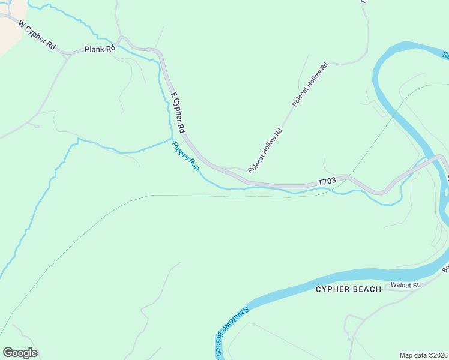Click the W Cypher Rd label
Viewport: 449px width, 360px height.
(37, 37)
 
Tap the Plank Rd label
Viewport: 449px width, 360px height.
(100, 49)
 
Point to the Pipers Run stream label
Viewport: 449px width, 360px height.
(185, 155)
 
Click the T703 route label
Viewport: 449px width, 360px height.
(326, 181)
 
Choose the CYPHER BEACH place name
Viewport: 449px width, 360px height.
(348, 289)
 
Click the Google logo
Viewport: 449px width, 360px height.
(20, 353)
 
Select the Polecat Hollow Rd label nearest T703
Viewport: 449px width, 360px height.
(265, 150)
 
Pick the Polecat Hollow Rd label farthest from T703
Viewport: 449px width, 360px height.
(310, 84)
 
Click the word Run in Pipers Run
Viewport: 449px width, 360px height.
(193, 163)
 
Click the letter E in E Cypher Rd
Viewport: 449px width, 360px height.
(173, 95)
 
